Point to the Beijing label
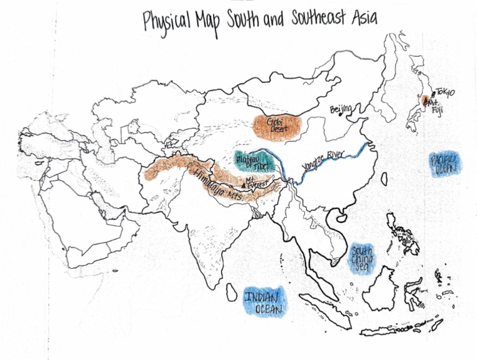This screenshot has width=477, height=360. click(341, 110)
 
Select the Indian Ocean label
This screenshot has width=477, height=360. click(263, 301)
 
